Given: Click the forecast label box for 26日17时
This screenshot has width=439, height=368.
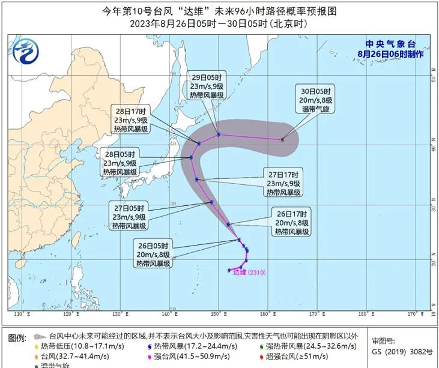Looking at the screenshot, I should (x=292, y=222).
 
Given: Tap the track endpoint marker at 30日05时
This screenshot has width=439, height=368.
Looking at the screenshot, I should (x=282, y=140).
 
